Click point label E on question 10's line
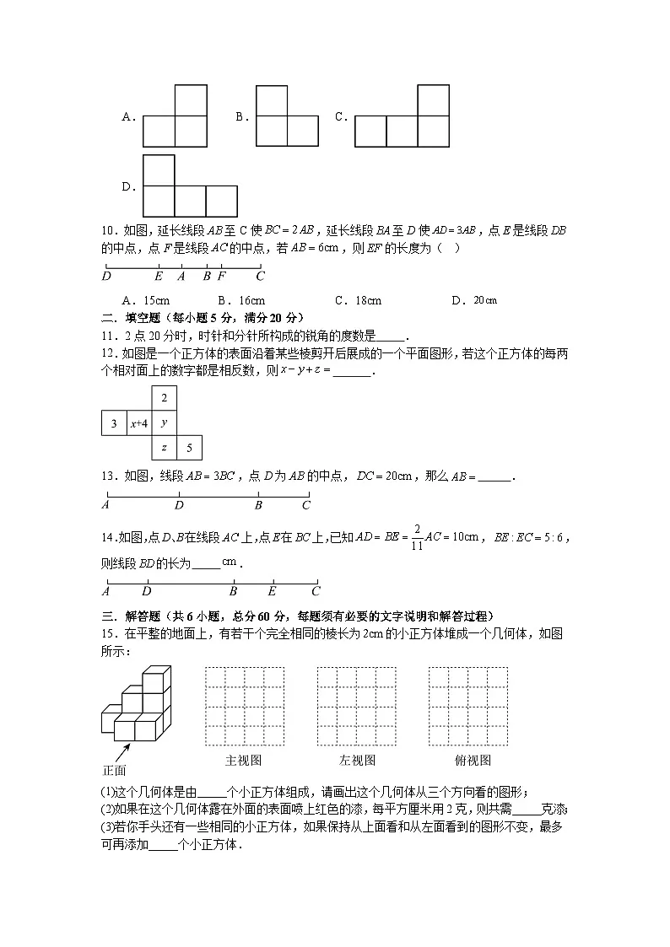point(159,276)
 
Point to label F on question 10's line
point(222,276)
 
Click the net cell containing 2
point(164,398)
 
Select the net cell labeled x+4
point(138,423)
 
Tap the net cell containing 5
point(189,448)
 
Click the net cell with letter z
point(164,448)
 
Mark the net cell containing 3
point(113,423)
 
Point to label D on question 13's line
point(179,505)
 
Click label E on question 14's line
point(272,592)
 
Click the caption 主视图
point(243,760)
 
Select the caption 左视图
point(356,760)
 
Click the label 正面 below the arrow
point(113,770)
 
